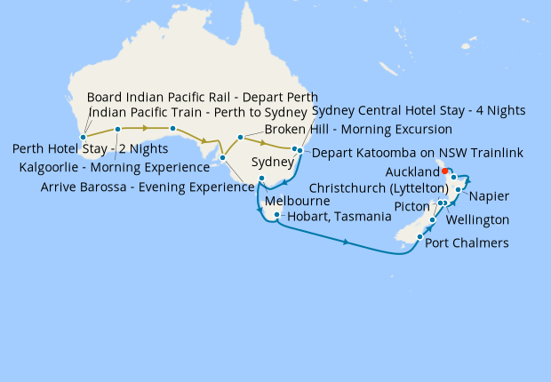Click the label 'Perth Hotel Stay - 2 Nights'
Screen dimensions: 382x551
(x=90, y=148)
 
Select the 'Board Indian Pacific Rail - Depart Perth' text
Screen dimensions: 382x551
(x=203, y=96)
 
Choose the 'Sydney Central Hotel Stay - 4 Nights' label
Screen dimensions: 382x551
(x=419, y=111)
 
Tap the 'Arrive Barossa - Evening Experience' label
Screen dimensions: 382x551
(x=148, y=187)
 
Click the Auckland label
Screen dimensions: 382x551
(x=413, y=171)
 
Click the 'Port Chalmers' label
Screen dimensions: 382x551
(x=467, y=243)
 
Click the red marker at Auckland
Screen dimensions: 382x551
(x=445, y=171)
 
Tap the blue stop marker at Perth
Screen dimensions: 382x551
(x=83, y=137)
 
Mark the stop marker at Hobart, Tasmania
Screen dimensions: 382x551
(x=278, y=215)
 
